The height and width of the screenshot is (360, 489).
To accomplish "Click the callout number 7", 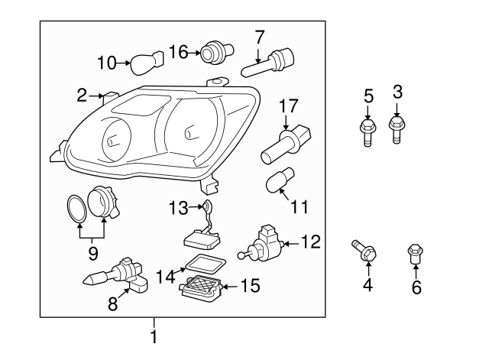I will [x=259, y=36].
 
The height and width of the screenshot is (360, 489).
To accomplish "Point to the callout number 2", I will [x=82, y=96].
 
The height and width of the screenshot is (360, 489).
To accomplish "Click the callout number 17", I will [x=287, y=105].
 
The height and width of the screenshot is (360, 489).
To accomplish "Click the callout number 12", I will [x=311, y=243].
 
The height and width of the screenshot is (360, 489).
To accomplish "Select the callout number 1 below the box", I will [x=154, y=336].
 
